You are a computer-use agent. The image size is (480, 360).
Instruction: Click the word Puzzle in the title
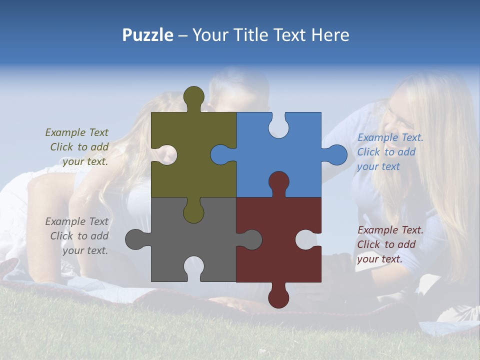click(x=148, y=35)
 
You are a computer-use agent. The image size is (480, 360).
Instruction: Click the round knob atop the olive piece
click(x=194, y=96)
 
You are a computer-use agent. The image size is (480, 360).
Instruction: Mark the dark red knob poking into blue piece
click(x=278, y=181)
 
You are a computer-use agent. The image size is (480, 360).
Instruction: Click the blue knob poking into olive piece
click(x=221, y=154)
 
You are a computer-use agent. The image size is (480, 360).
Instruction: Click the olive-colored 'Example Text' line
click(x=76, y=132)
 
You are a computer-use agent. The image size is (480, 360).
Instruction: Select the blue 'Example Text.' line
click(x=390, y=137)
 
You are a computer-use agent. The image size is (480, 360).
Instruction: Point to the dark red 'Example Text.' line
click(x=390, y=230)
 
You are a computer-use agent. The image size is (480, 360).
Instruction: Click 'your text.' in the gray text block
click(x=85, y=250)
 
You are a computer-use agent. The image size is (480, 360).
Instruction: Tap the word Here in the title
click(x=330, y=35)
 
